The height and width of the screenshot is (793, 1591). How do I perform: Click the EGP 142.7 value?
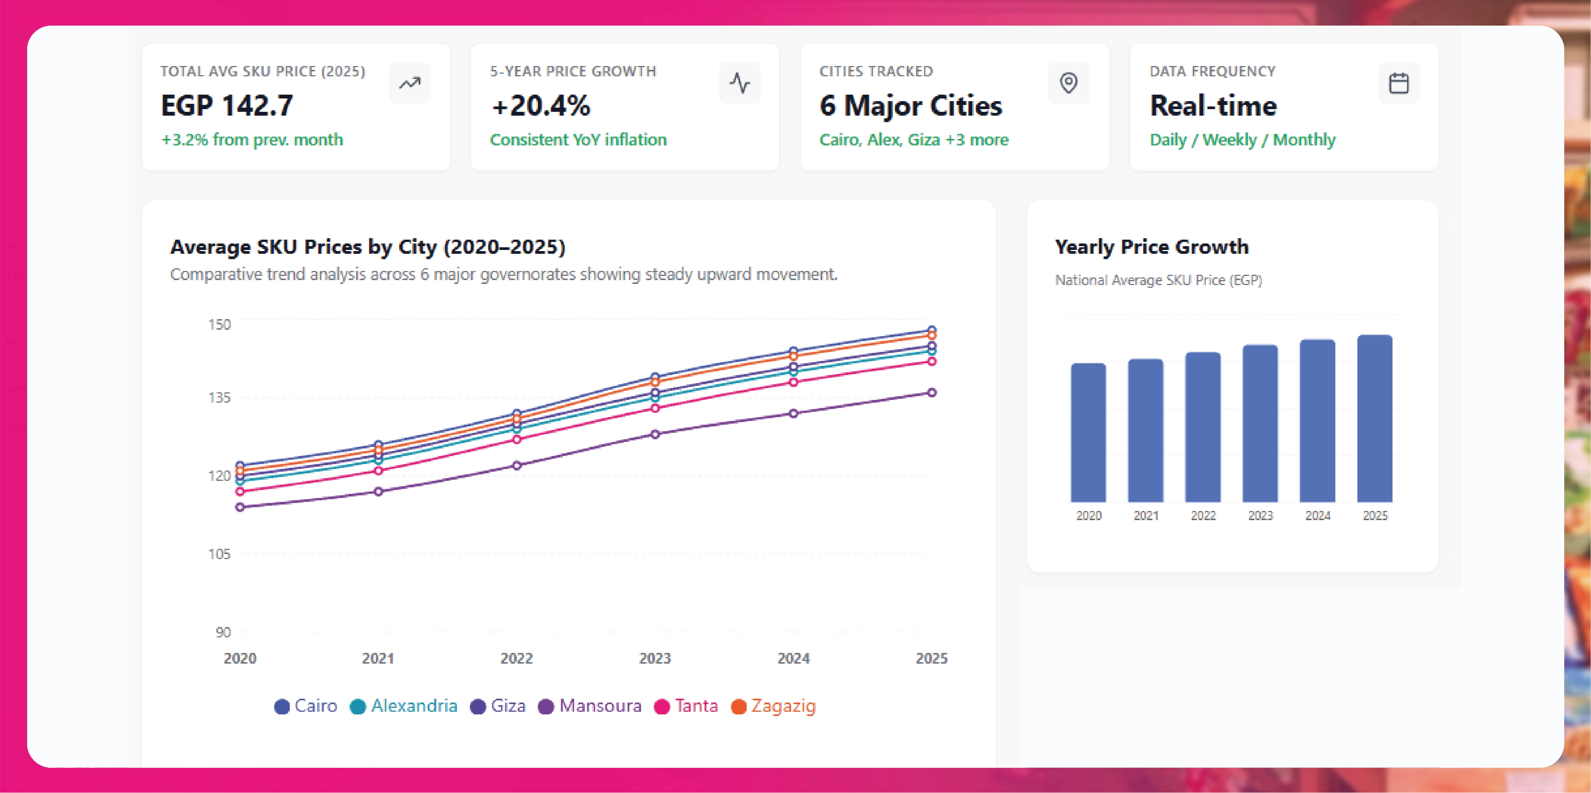(x=227, y=106)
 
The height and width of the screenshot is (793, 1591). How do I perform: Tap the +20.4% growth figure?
(x=541, y=106)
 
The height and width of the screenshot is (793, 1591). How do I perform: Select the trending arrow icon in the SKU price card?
(x=410, y=83)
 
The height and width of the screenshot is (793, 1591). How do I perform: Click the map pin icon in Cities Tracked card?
(x=1068, y=83)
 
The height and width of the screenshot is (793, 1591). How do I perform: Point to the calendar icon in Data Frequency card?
(x=1398, y=83)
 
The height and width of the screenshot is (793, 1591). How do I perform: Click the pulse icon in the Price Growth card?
(x=739, y=83)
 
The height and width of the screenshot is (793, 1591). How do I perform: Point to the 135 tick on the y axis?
(x=219, y=398)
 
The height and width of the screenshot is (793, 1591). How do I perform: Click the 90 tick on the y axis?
(x=223, y=632)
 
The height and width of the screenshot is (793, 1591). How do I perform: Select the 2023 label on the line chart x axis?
(x=655, y=658)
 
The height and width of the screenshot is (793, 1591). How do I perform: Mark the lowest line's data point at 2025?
(x=931, y=393)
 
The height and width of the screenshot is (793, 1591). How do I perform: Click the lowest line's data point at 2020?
(x=240, y=507)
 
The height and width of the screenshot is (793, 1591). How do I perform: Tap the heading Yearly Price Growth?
(x=1151, y=247)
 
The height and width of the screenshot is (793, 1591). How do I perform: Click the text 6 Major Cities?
(x=910, y=106)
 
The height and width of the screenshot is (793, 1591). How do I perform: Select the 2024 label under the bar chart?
(x=1317, y=516)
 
